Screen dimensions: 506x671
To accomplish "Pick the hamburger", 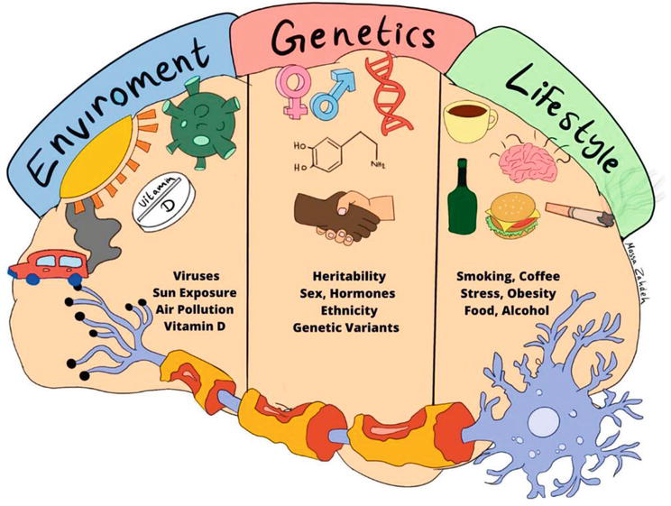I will pos(512,216).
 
